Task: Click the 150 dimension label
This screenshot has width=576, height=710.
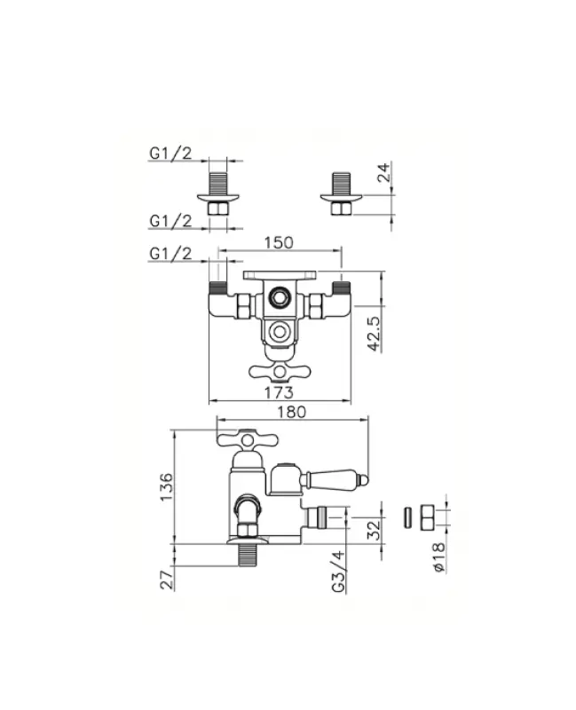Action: (279, 242)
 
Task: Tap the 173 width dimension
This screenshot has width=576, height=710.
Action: (279, 392)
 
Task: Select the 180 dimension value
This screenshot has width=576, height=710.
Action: (292, 412)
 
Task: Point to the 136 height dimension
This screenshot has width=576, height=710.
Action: (167, 486)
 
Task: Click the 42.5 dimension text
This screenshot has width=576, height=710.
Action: (375, 334)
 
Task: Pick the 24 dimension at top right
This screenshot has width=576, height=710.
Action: (384, 172)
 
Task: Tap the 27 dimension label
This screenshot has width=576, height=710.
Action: (167, 580)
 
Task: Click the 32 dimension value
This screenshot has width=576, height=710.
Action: (374, 530)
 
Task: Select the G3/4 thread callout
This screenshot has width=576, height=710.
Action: (338, 572)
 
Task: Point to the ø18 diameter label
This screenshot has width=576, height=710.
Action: (438, 557)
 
